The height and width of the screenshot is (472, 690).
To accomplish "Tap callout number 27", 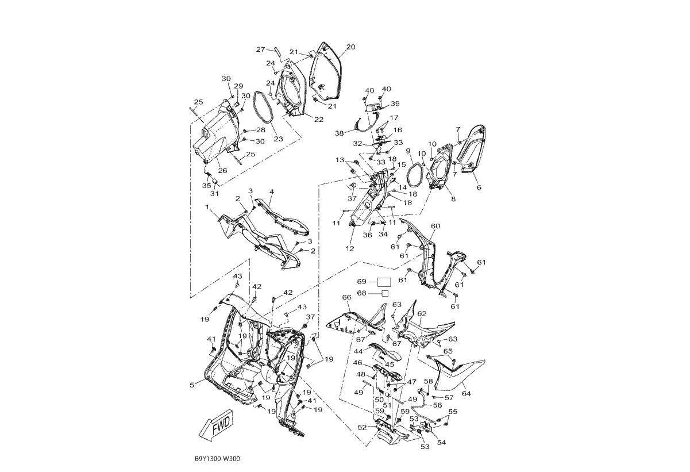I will (260, 49).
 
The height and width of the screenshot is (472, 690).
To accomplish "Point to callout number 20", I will (350, 47).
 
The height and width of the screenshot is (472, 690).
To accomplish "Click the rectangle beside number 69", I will (383, 282).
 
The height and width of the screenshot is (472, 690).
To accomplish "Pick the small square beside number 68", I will (385, 293).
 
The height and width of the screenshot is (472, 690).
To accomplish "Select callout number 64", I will (466, 393).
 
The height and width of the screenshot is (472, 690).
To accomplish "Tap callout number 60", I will (435, 226).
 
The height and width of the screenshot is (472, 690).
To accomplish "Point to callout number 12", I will (350, 248).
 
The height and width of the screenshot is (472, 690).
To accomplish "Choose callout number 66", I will (346, 297).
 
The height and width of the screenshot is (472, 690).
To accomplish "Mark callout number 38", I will (340, 133).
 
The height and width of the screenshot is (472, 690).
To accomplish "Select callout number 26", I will (222, 170).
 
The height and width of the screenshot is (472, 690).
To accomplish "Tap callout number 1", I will (207, 206).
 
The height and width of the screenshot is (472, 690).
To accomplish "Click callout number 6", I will (479, 187).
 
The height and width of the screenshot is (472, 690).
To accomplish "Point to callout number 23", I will (277, 139).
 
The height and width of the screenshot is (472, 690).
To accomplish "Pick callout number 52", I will (362, 427).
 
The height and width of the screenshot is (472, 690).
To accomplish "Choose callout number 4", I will (271, 191).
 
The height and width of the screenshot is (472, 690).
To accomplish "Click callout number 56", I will (437, 405).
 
